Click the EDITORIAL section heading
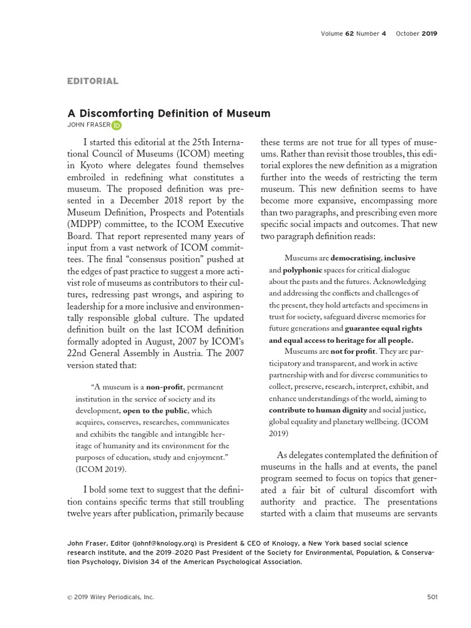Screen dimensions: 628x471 coord(93,81)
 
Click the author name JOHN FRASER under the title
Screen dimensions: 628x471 coord(88,125)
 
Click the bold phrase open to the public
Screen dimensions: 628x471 coord(155,410)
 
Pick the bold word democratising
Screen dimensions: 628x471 coord(355,258)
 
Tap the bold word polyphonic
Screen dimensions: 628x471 coord(302,269)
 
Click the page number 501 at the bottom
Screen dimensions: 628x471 coord(431,597)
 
